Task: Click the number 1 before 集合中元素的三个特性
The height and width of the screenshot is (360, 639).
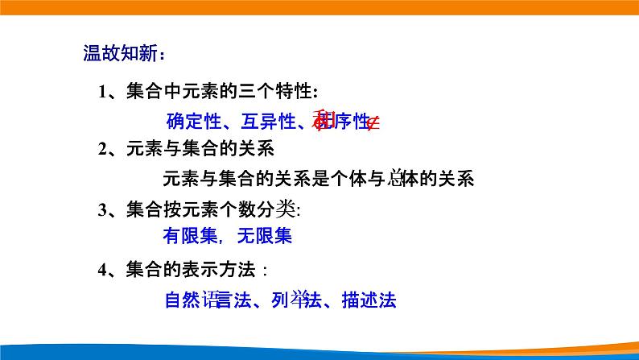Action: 103,91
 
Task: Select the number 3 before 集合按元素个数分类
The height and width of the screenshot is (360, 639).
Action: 103,209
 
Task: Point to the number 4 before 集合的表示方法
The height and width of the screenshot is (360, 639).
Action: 103,269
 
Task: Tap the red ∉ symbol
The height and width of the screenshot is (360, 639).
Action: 373,122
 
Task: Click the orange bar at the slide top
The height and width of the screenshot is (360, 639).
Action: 319,7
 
